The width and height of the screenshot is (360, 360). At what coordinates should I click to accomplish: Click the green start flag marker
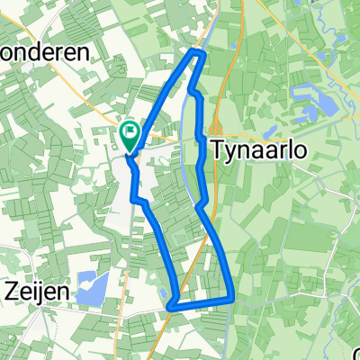pyautogui.click(x=129, y=137)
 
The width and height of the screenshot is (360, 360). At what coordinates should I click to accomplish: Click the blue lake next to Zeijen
pyautogui.click(x=91, y=289)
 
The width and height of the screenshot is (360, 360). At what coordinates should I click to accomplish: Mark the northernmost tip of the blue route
pyautogui.click(x=201, y=54)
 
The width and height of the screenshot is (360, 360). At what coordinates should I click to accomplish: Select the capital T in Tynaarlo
pyautogui.click(x=217, y=149)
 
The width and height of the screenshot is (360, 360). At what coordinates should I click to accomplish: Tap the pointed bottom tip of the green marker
pyautogui.click(x=129, y=152)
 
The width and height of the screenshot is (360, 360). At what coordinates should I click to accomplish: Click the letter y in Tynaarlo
pyautogui.click(x=229, y=152)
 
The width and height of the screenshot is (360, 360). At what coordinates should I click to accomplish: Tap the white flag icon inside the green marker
pyautogui.click(x=130, y=136)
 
